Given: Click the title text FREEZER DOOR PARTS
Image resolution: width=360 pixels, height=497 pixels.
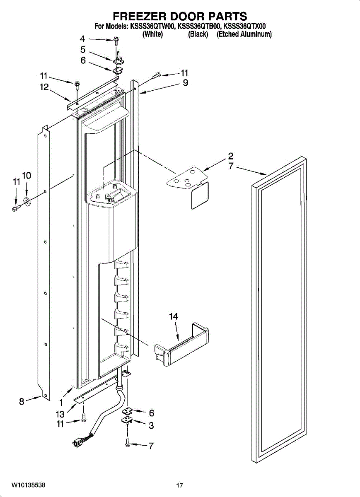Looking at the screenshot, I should pos(180,16).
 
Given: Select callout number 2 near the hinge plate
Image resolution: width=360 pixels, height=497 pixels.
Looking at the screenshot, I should pos(230,156).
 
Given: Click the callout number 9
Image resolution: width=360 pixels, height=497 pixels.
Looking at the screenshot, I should pos(185,83).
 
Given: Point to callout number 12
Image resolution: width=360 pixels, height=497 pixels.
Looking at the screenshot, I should pos(44,87).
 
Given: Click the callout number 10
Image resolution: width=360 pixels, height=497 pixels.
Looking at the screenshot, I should pos(26,176).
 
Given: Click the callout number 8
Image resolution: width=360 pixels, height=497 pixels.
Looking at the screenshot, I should pos(22,400).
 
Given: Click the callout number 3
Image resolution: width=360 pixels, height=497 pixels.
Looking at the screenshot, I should pos(151,425).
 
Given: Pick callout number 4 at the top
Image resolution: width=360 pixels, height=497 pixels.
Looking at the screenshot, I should pos(82,39).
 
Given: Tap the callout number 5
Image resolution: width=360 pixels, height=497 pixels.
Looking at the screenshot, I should pos(83,50).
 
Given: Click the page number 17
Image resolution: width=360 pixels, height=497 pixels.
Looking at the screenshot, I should pos(179,485).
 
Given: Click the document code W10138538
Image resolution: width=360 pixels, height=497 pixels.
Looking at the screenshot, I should pos(28,485).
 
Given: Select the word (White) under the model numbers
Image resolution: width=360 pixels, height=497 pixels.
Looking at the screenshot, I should pos(152,34).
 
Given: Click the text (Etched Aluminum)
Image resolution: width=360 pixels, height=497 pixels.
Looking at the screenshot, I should pos(244,34).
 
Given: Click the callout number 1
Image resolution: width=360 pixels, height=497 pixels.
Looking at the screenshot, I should pos(61,402).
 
